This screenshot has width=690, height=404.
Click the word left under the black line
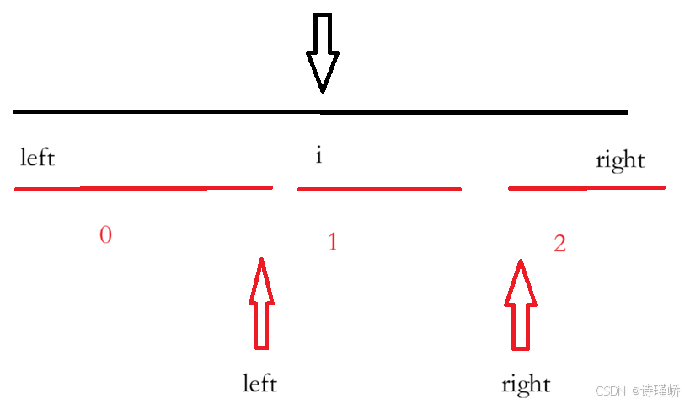point(37,158)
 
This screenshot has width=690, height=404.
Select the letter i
point(318,156)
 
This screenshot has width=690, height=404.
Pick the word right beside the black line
point(619,160)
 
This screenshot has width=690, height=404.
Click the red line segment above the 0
point(143,188)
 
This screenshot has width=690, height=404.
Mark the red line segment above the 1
point(379,189)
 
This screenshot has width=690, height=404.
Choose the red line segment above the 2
point(586,187)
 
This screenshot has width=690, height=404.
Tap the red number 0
point(105,235)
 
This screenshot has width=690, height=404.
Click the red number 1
point(332,243)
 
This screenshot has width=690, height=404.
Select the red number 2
point(559,244)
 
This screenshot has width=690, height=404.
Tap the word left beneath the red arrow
point(259,384)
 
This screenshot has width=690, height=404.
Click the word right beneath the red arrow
point(525,385)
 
